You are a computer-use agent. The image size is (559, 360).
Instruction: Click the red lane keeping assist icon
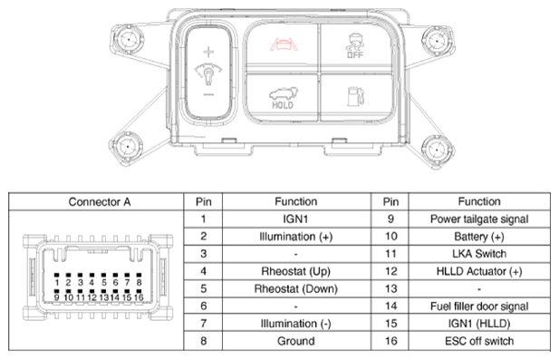coord(284,45)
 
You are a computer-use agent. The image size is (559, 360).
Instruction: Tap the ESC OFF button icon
coord(355,45)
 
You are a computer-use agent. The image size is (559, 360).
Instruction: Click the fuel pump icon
coord(356,96)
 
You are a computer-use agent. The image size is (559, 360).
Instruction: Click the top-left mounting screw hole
coord(128,39)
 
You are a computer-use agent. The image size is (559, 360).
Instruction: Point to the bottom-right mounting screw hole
coord(437,151)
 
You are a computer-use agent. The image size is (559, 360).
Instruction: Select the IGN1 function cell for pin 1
coord(296,219)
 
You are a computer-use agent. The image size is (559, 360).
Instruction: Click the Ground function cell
coord(296,341)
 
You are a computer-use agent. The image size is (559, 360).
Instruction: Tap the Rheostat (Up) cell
coord(296,271)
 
